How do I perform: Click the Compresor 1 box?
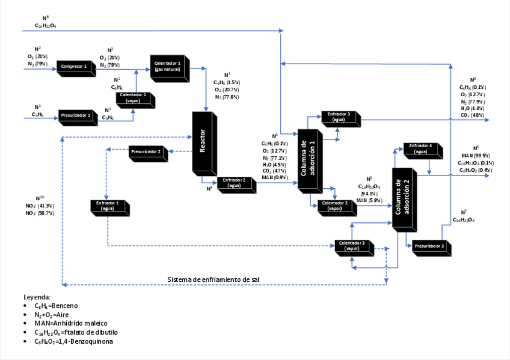pyautogui.click(x=75, y=67)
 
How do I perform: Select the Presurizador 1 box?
pyautogui.click(x=77, y=115)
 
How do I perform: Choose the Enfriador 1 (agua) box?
pyautogui.click(x=108, y=206)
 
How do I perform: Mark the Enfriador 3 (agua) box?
pyautogui.click(x=339, y=117)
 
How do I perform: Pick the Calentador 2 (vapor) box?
pyautogui.click(x=335, y=206)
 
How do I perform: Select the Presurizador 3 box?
pyautogui.click(x=430, y=247)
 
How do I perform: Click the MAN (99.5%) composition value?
pyautogui.click(x=475, y=156)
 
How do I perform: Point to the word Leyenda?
pyautogui.click(x=37, y=297)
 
